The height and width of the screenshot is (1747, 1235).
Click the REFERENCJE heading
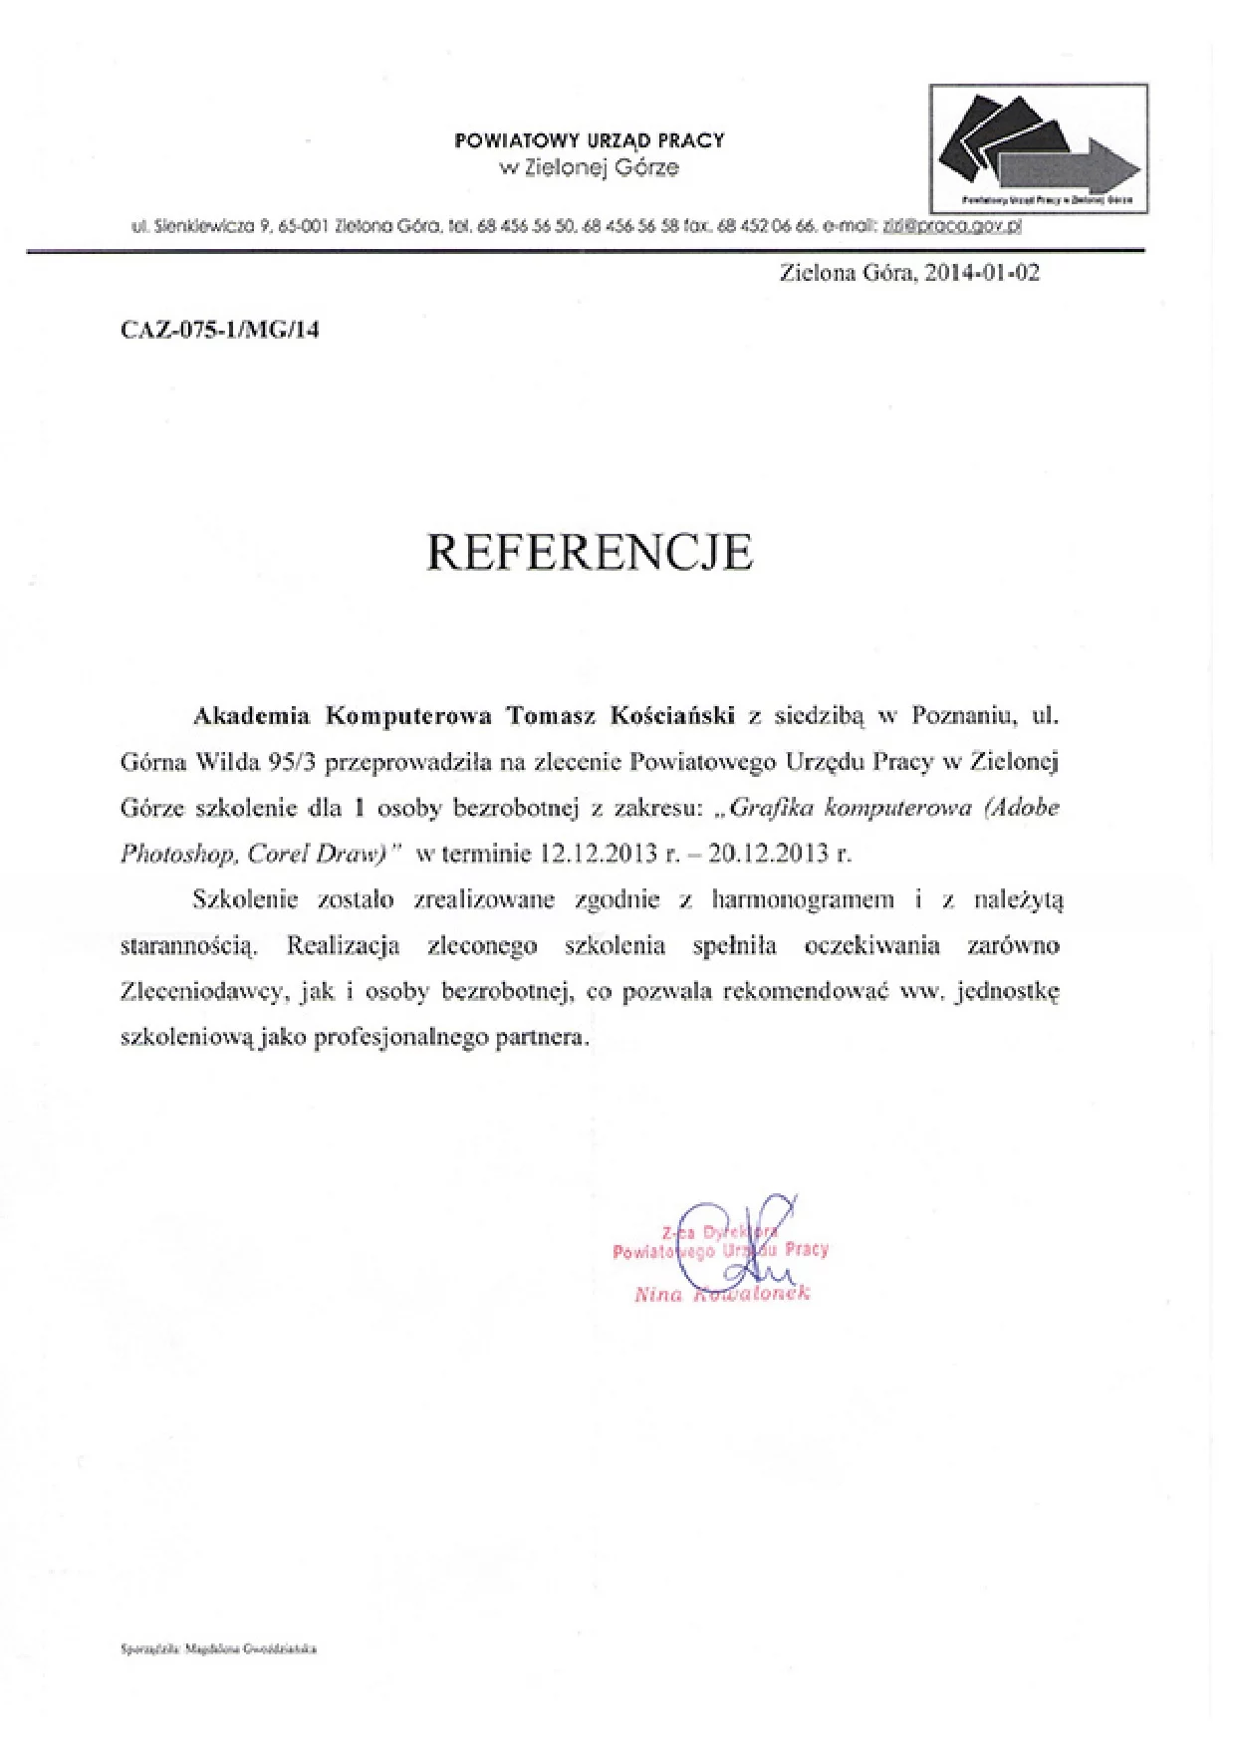coord(590,552)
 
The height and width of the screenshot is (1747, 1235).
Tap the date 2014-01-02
coord(982,273)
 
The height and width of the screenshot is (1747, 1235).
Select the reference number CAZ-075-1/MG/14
coord(220,330)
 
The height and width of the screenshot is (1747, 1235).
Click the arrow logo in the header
coord(1039,146)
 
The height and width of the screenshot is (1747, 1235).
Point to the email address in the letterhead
coord(952,226)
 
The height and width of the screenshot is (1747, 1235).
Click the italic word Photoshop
coord(177,854)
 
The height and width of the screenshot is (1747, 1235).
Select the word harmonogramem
coord(803,900)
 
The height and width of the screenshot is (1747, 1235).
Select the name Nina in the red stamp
coord(658,1295)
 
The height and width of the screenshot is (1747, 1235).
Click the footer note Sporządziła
coord(149,1649)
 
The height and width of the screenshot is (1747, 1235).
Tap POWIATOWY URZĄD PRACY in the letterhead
coord(590,140)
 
